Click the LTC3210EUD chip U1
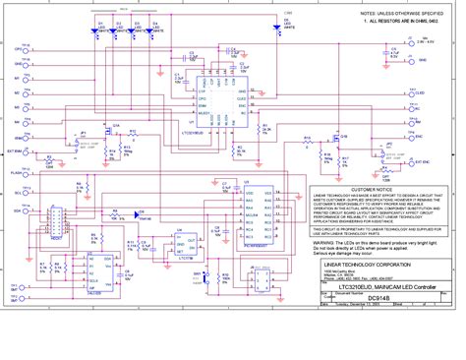click(219, 98)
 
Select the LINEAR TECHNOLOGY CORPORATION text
click(364, 265)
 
